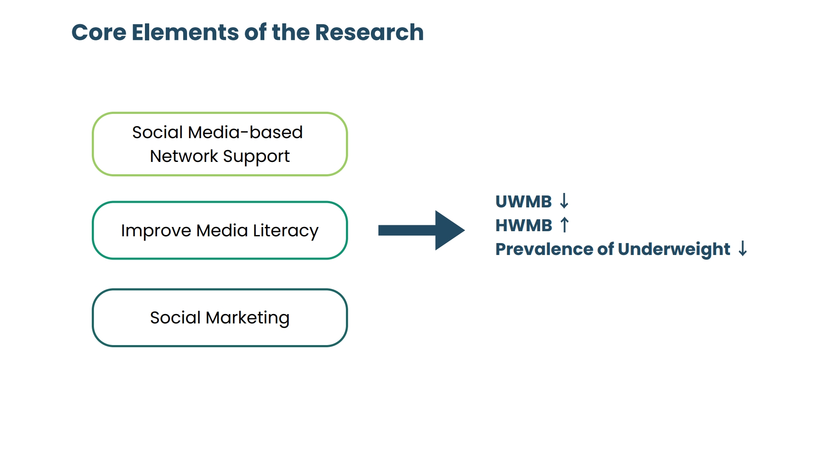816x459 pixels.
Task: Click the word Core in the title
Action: (99, 32)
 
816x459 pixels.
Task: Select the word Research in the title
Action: (369, 32)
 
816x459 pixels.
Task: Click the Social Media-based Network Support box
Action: (220, 144)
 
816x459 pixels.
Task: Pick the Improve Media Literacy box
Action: (220, 230)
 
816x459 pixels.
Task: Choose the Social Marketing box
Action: (220, 318)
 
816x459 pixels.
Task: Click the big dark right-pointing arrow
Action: (421, 230)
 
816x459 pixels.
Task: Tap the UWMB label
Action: (524, 201)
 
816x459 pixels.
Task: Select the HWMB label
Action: (524, 225)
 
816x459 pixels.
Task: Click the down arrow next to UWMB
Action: (564, 201)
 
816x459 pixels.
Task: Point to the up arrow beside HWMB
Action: (564, 225)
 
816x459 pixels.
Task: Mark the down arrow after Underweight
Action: (742, 249)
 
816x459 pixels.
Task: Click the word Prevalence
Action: (544, 249)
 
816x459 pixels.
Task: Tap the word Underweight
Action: (674, 249)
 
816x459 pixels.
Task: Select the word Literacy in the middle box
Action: (286, 231)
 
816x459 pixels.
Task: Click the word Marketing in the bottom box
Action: (248, 318)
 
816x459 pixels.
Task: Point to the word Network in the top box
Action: (184, 156)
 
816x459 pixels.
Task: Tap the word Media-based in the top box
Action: (245, 133)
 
